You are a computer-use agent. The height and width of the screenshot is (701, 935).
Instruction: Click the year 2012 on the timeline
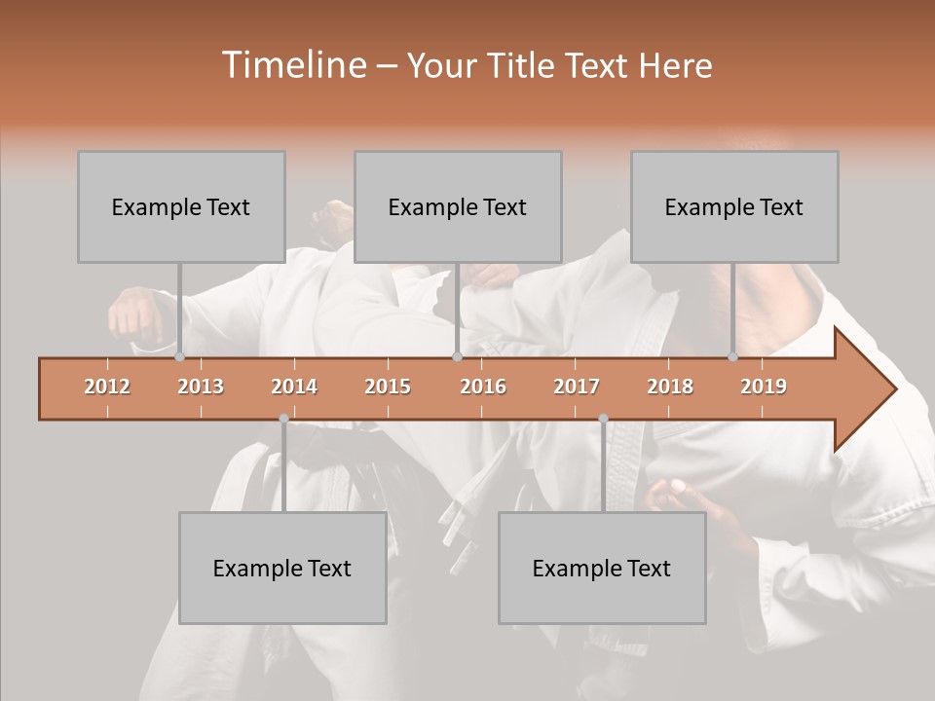click(x=107, y=387)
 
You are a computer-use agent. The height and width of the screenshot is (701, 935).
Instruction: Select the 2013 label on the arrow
click(x=201, y=387)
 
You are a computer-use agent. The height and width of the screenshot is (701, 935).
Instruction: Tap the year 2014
click(x=294, y=387)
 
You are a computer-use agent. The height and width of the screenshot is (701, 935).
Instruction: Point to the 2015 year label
click(x=388, y=387)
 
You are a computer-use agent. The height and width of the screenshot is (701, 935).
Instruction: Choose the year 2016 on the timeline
click(x=483, y=387)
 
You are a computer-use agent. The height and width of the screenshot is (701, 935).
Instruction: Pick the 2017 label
click(x=577, y=387)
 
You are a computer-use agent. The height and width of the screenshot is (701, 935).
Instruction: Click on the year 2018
click(x=670, y=387)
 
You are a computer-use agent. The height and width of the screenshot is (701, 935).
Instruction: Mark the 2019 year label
click(x=764, y=387)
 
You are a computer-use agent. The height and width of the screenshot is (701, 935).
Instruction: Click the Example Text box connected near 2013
click(x=181, y=207)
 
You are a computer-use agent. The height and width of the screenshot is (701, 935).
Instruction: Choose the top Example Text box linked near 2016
click(x=458, y=207)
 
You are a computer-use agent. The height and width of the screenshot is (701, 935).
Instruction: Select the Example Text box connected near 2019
click(x=734, y=207)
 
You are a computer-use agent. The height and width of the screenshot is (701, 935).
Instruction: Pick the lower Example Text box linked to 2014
click(x=282, y=568)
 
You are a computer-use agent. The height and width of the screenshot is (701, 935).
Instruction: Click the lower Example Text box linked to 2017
click(x=602, y=568)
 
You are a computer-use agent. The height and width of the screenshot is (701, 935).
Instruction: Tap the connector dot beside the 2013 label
click(x=179, y=357)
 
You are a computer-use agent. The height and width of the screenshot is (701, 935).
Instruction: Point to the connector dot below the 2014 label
click(x=283, y=419)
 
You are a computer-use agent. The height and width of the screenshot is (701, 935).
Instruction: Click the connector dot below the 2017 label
click(x=603, y=419)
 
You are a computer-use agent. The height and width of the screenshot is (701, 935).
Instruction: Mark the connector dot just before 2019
click(x=732, y=357)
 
